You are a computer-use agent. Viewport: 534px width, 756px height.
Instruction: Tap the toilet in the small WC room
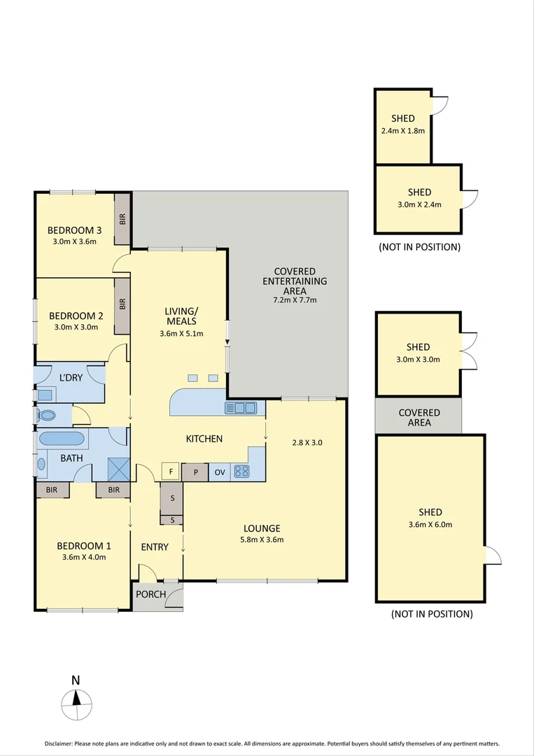tap(47, 416)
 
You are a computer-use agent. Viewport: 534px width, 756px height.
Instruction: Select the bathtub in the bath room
tap(62, 439)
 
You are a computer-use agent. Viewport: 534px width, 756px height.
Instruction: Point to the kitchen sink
tap(240, 408)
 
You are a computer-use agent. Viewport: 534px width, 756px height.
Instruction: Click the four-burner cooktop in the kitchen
tap(242, 472)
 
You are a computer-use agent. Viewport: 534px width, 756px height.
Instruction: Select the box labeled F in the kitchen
tap(171, 472)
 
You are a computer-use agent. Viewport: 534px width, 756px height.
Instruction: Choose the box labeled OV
tap(219, 472)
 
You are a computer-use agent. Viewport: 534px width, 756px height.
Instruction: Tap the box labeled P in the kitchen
tap(195, 472)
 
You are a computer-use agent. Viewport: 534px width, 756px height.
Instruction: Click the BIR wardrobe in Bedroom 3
tap(122, 219)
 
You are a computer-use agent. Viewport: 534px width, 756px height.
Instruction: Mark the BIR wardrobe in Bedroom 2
tap(122, 304)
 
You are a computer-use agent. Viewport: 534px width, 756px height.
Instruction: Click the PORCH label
tap(150, 595)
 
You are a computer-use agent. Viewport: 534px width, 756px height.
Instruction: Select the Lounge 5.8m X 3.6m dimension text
tap(262, 540)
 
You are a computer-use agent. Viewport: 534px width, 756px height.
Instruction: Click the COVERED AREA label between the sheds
tap(419, 418)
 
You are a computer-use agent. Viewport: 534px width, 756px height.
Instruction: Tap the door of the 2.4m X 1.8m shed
tap(439, 104)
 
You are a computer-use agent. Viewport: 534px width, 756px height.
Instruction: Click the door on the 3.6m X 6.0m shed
tap(493, 556)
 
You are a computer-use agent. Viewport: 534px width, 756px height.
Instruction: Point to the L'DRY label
tap(71, 378)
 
